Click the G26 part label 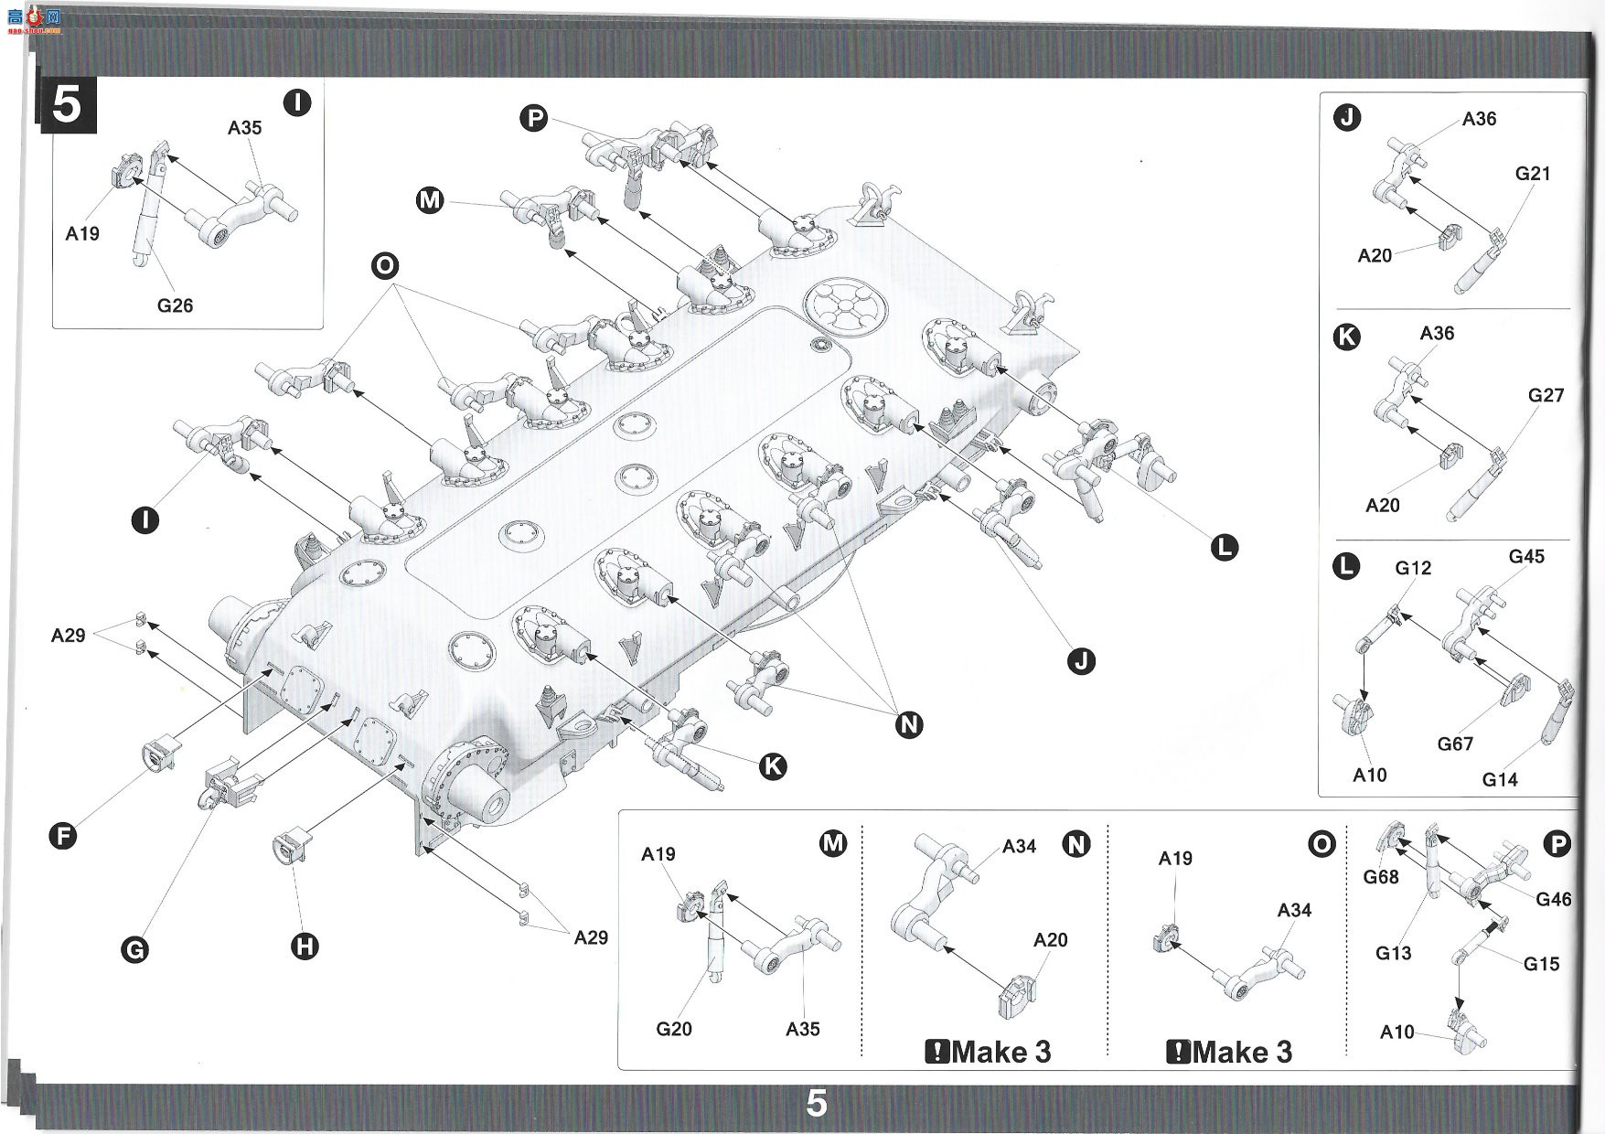point(175,305)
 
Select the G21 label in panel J point(1533,173)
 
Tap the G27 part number point(1546,395)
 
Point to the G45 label point(1526,556)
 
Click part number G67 point(1455,744)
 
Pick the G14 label point(1500,779)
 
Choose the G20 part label point(674,1029)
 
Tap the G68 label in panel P point(1381,877)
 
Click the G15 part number point(1541,963)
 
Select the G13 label point(1393,953)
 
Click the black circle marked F point(62,835)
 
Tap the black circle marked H point(305,946)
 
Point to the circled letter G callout point(134,949)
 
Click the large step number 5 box point(66,105)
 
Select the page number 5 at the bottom point(816,1104)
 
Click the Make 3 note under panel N point(989,1052)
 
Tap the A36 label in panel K point(1437,333)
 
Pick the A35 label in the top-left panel point(244,127)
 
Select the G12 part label point(1413,568)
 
